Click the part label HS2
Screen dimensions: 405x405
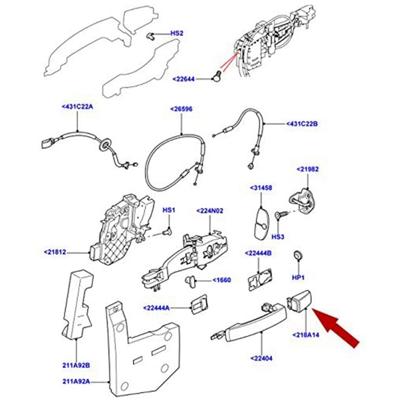pyautogui.click(x=177, y=33)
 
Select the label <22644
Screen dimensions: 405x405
pyautogui.click(x=184, y=79)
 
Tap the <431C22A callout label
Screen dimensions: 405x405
pyautogui.click(x=77, y=106)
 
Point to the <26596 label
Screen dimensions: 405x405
pyautogui.click(x=181, y=109)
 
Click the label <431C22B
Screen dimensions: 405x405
pyautogui.click(x=302, y=124)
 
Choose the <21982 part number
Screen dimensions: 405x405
pyautogui.click(x=308, y=169)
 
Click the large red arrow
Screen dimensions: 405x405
pyautogui.click(x=336, y=328)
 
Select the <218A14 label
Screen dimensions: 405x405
pyautogui.click(x=306, y=335)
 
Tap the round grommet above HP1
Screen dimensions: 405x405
pyautogui.click(x=298, y=255)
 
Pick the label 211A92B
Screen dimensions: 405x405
pyautogui.click(x=76, y=366)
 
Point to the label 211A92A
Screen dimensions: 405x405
pyautogui.click(x=76, y=381)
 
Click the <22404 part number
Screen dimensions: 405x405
pyautogui.click(x=261, y=358)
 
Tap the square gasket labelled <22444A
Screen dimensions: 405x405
pyautogui.click(x=199, y=307)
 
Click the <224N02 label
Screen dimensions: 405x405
pyautogui.click(x=210, y=211)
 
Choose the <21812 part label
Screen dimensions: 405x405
pyautogui.click(x=55, y=252)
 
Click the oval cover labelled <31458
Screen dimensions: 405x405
pyautogui.click(x=262, y=224)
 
